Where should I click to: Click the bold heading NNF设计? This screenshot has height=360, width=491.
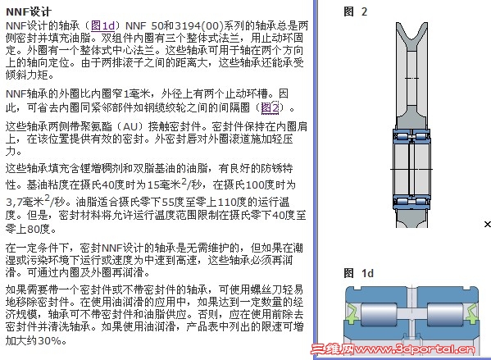pyautogui.click(x=28, y=12)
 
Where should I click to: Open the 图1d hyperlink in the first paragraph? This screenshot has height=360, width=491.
pyautogui.click(x=102, y=25)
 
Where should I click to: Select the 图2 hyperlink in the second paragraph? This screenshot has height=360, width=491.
pyautogui.click(x=270, y=107)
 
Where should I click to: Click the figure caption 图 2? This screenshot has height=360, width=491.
pyautogui.click(x=355, y=11)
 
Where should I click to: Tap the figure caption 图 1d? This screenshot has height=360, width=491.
pyautogui.click(x=358, y=273)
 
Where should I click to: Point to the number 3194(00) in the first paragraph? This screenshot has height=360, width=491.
pyautogui.click(x=199, y=25)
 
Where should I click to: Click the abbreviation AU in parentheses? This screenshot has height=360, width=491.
pyautogui.click(x=130, y=126)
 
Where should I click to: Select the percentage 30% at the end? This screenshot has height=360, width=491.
pyautogui.click(x=49, y=340)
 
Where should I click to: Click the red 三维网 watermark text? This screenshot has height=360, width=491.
pyautogui.click(x=332, y=349)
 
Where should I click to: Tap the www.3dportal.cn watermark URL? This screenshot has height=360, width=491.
pyautogui.click(x=415, y=349)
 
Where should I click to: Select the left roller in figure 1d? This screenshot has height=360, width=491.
pyautogui.click(x=378, y=315)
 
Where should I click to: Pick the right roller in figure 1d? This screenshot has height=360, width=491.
pyautogui.click(x=445, y=315)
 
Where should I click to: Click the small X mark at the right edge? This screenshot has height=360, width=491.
pyautogui.click(x=487, y=224)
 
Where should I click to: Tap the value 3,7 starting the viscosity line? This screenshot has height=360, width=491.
pyautogui.click(x=14, y=202)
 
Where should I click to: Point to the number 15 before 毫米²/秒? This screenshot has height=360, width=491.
pyautogui.click(x=153, y=185)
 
